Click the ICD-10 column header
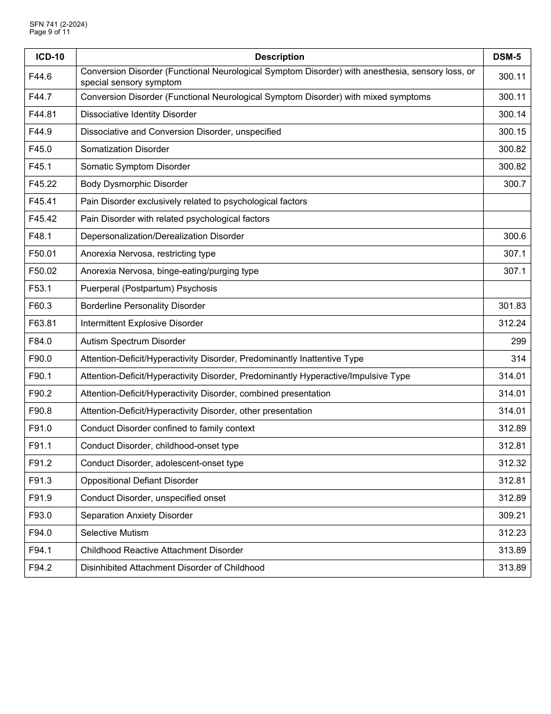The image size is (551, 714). [50, 57]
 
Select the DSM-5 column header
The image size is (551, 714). [506, 57]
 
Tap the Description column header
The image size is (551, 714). [279, 57]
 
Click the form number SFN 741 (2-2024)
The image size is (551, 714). [59, 24]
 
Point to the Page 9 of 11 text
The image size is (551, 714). [50, 32]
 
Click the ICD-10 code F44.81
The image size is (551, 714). [42, 114]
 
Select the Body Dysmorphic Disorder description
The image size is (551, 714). [134, 184]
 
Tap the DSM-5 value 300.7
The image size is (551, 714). [514, 184]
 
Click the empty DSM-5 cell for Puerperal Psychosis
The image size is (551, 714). [506, 289]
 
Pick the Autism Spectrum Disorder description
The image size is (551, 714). [133, 341]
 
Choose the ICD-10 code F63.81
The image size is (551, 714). [42, 323]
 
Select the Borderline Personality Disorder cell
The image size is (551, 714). [143, 306]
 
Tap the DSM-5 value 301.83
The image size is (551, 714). [512, 306]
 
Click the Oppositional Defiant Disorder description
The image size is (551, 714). [139, 481]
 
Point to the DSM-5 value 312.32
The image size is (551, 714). [512, 463]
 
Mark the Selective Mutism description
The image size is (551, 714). [114, 533]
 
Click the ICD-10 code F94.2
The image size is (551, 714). [40, 568]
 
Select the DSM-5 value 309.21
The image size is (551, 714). [512, 515]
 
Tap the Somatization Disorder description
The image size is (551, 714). [125, 149]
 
